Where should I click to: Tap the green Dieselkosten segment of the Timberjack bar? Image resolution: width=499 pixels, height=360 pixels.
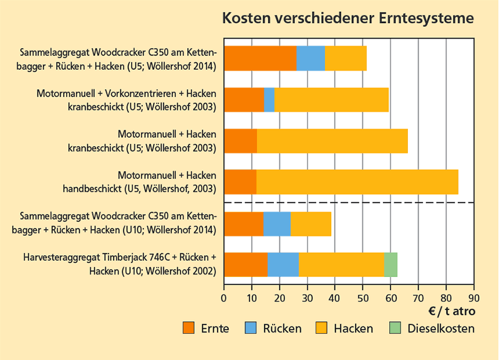click(390, 265)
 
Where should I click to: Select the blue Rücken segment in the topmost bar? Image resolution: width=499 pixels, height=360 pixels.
click(311, 58)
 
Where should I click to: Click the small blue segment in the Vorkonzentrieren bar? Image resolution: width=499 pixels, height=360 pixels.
click(269, 100)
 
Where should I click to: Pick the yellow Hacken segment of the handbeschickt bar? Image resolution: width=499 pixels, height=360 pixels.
click(357, 182)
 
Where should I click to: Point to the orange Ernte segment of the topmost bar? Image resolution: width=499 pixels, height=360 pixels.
click(260, 58)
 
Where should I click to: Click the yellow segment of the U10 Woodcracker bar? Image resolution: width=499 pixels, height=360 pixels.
click(311, 224)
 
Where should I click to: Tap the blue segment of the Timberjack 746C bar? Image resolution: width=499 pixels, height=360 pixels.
click(283, 265)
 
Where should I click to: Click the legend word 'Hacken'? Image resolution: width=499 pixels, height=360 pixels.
click(354, 328)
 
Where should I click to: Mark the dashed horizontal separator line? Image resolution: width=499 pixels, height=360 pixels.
click(349, 203)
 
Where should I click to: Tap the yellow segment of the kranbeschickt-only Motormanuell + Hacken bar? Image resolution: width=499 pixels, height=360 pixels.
click(332, 140)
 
